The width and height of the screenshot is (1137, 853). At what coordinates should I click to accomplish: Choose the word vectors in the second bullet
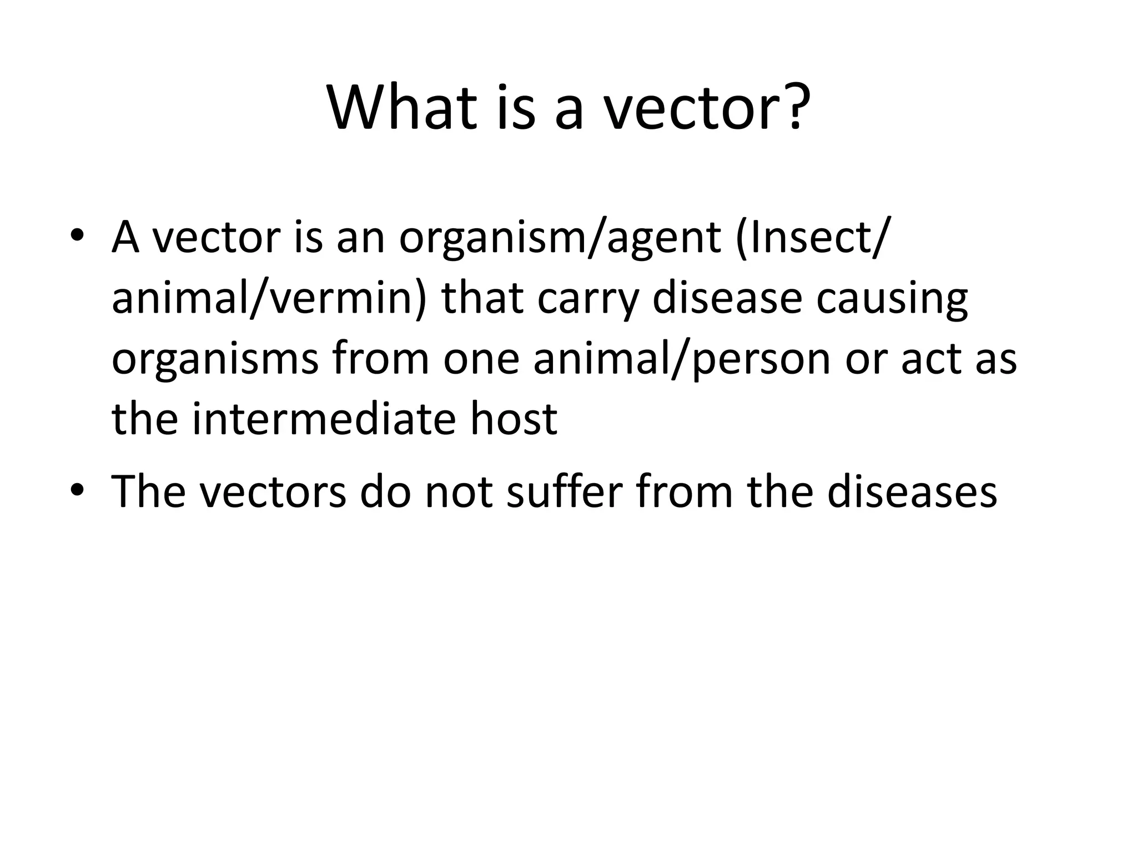pyautogui.click(x=273, y=492)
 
